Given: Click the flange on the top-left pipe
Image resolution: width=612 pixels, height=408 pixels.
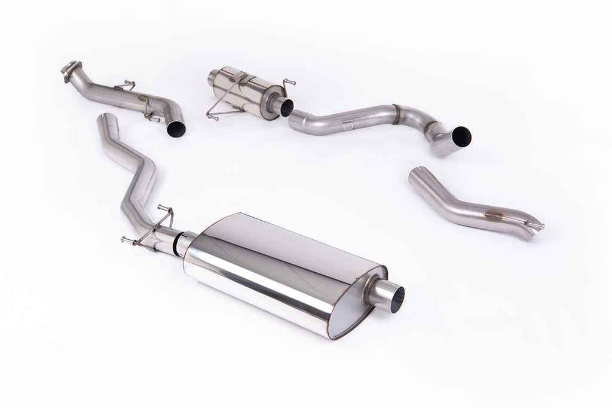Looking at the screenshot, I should pyautogui.click(x=71, y=68).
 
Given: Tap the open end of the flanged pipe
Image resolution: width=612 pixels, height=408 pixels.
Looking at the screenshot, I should pyautogui.click(x=176, y=128).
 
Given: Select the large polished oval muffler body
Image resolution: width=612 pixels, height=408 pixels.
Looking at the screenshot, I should pyautogui.click(x=281, y=269).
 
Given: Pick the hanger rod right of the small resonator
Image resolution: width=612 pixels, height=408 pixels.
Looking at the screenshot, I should pyautogui.click(x=288, y=83).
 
